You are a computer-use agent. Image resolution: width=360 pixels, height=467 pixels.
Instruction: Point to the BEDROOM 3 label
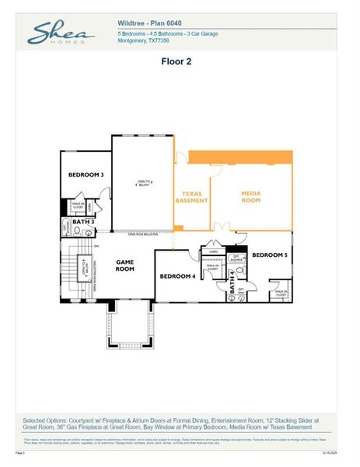pyautogui.click(x=86, y=174)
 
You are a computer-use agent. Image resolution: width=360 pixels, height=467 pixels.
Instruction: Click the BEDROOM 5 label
pyautogui.click(x=270, y=255)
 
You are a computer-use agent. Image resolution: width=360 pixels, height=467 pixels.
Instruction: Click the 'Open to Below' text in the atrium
pyautogui.click(x=144, y=184)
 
